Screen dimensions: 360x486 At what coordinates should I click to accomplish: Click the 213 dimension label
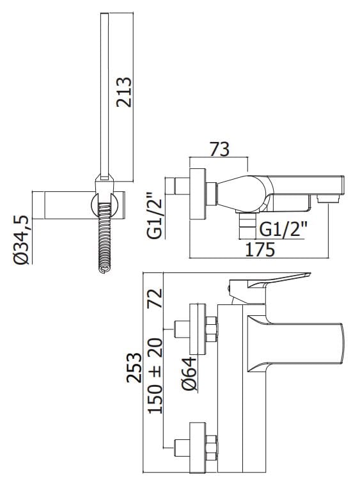coord(124,91)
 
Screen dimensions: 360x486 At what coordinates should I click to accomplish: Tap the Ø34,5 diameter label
coord(22,240)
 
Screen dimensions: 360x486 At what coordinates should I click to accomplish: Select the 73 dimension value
coord(220,150)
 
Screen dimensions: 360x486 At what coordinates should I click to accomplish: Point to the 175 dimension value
coord(260,250)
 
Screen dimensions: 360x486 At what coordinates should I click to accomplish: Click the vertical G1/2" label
coord(155,216)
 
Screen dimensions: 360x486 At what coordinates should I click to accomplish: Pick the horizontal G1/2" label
coord(283,230)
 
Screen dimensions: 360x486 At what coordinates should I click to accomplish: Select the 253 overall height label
coord(134,368)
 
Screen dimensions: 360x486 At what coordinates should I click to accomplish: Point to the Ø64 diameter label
coord(189,373)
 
